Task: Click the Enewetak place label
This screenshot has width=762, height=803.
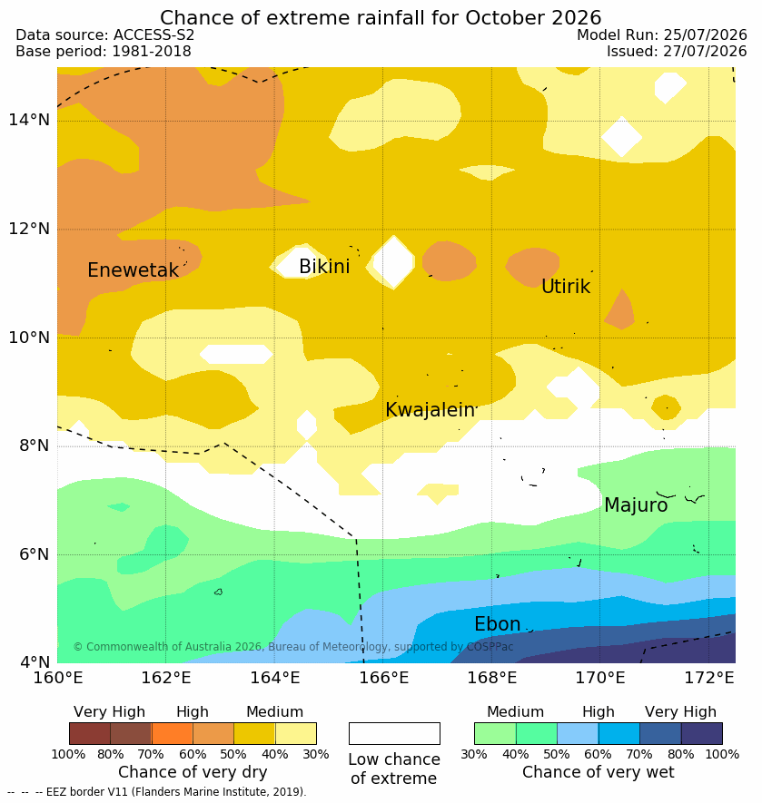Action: point(133,269)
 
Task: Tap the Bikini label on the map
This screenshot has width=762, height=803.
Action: point(324,266)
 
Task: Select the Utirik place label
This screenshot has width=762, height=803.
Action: point(566,287)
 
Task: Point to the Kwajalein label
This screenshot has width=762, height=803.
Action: point(430,410)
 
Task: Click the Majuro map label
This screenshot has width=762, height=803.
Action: point(636,505)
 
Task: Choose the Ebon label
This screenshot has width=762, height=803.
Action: point(498,623)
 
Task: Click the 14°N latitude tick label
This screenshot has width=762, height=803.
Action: point(29,120)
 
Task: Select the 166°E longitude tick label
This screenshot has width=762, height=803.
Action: point(383,678)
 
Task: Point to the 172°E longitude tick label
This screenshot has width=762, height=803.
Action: point(709,678)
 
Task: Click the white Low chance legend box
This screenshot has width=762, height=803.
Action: point(394,733)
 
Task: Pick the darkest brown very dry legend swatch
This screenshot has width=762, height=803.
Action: point(90,733)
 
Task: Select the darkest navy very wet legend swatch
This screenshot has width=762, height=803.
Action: point(702,733)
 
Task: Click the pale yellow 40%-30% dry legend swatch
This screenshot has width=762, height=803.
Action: point(296,733)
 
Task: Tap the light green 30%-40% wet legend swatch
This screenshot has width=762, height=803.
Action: point(495,733)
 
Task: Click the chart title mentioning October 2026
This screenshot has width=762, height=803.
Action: point(381,17)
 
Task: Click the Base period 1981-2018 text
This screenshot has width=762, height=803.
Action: point(104,51)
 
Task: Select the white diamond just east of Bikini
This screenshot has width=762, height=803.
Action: point(393,261)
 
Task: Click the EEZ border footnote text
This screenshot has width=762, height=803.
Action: point(157,792)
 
